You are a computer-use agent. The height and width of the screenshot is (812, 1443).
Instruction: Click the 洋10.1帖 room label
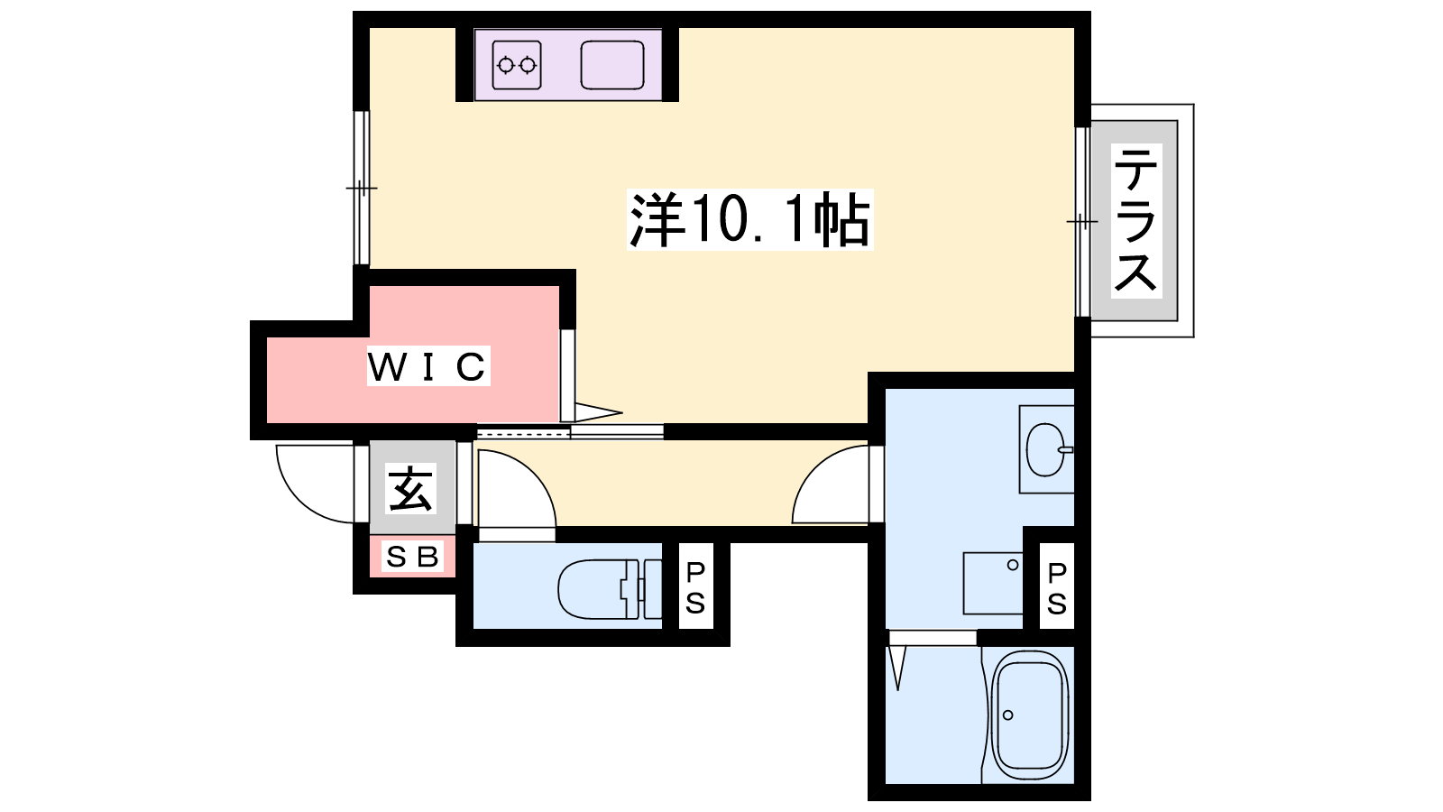point(749,219)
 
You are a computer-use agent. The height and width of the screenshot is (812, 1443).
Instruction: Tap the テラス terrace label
point(1135,220)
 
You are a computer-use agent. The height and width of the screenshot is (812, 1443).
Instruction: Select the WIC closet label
point(427,366)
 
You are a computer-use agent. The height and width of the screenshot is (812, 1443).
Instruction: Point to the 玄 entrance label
point(411,488)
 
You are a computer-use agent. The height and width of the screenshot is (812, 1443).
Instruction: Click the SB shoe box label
point(411,556)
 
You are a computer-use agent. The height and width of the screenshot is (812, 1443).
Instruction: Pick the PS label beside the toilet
point(695,587)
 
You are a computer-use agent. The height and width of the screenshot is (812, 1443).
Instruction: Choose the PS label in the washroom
point(1056,587)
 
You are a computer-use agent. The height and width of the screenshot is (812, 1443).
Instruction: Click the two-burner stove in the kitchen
point(517,64)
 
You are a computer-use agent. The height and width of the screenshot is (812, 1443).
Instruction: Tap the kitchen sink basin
point(612,64)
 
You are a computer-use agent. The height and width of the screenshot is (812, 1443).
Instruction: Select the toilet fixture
point(609,589)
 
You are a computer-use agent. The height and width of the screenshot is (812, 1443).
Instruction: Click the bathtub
point(1029,715)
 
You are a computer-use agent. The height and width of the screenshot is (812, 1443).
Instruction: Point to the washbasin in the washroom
point(1047,449)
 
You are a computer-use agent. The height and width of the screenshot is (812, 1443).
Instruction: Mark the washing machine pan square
point(993,583)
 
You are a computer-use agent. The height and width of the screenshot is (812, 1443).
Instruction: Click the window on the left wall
point(362,188)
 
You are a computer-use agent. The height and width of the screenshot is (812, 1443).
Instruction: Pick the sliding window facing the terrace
point(1082,222)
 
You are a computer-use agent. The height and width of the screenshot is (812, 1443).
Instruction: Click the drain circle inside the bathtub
point(1008,715)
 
